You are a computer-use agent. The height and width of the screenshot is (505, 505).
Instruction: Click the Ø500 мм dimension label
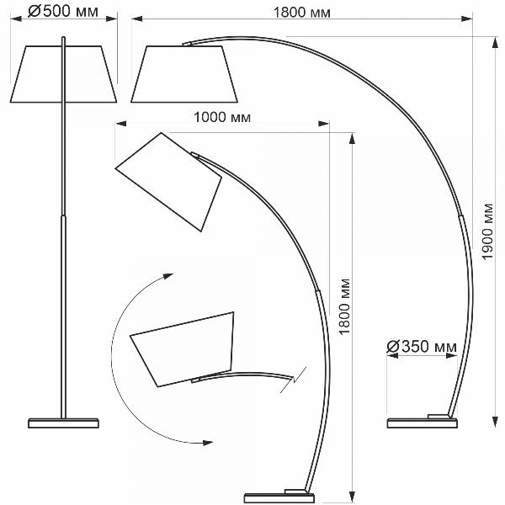coord(63,12)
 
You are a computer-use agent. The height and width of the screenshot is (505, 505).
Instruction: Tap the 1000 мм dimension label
coord(222,117)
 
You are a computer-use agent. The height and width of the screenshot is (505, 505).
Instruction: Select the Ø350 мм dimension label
coord(422,347)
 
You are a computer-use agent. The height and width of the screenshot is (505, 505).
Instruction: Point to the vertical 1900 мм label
coord(488,231)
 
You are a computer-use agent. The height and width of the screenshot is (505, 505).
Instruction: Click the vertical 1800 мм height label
coord(344,306)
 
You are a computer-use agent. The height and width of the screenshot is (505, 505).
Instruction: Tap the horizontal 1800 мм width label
coord(302,13)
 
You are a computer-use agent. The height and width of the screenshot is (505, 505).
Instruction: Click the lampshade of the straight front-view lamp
coord(63,74)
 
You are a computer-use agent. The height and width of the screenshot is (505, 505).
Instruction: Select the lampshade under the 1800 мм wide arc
coord(184,74)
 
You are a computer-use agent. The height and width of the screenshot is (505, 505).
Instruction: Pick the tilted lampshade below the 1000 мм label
coord(168,182)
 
